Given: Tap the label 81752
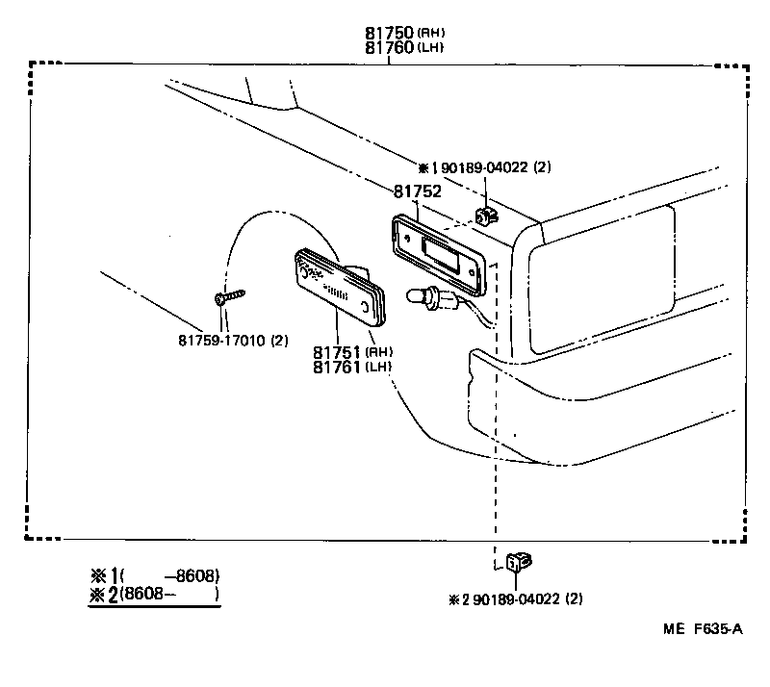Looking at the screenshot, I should pos(417,191).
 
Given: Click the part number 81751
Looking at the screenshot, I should pos(338,352).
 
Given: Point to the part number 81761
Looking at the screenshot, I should pos(338,367).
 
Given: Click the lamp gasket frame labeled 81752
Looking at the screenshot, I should pos(439,251).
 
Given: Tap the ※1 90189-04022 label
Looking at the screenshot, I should pos(485,167).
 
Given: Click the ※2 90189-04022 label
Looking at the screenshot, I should pos(516,599).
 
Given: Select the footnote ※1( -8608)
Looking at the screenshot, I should pos(155,575).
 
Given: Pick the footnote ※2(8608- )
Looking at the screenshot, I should pos(155,596).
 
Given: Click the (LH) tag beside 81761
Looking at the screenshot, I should pos(380,368).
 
